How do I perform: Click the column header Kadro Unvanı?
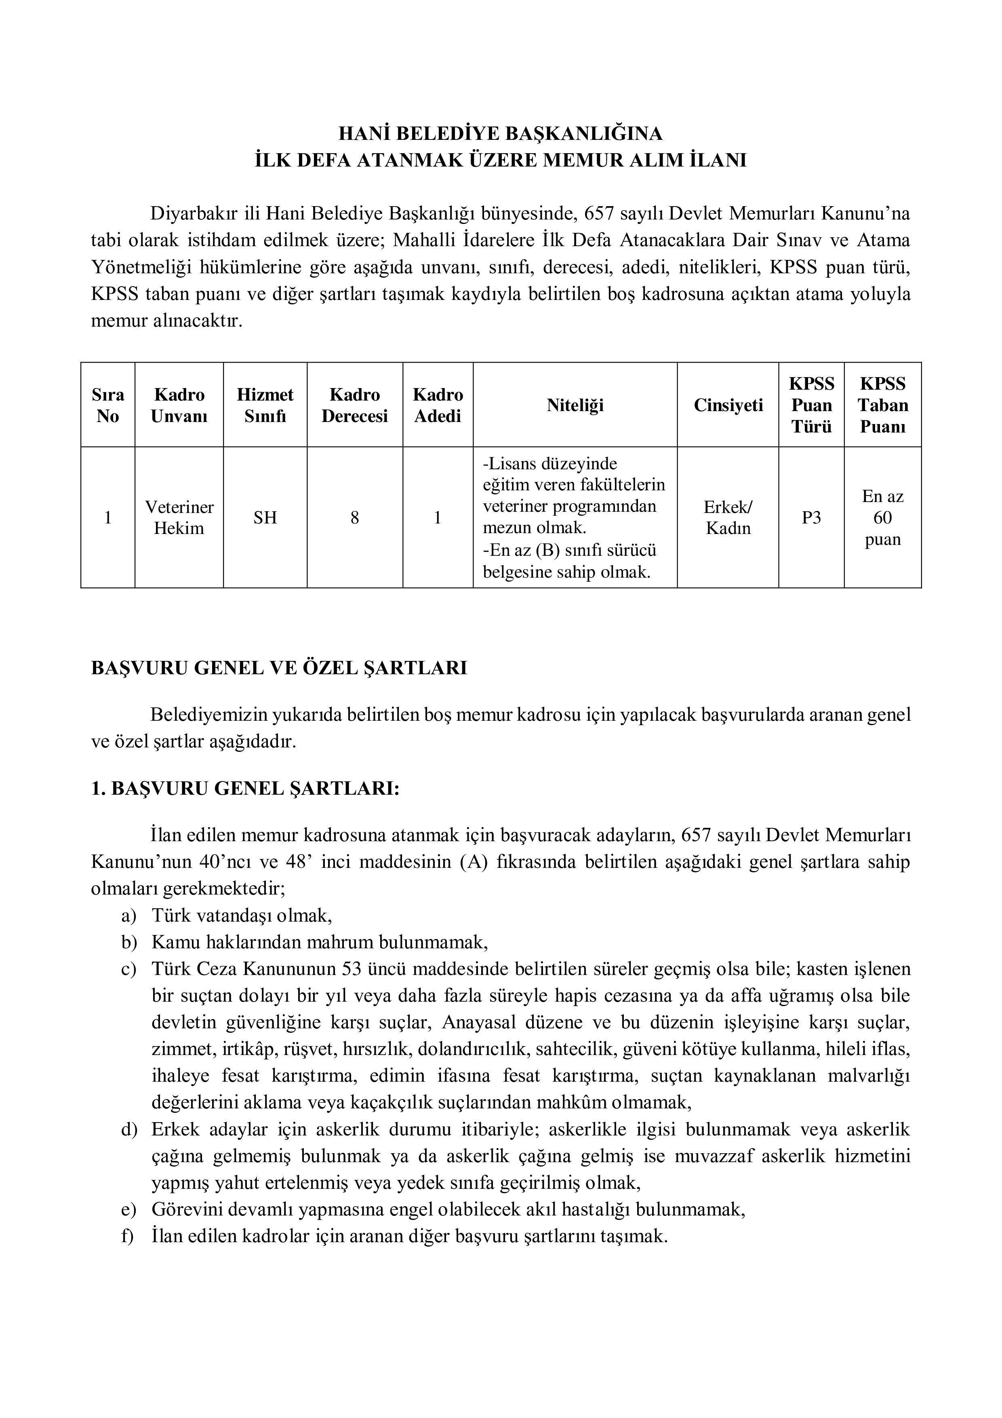coord(179,405)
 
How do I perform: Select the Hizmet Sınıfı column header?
coord(265,405)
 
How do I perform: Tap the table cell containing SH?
coord(265,517)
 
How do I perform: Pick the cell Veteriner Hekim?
coord(179,517)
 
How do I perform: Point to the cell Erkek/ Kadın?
coord(728,517)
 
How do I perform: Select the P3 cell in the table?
coord(811,517)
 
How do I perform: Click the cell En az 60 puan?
coord(882,517)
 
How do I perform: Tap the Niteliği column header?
coord(575,405)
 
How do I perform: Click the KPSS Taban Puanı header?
coord(882,405)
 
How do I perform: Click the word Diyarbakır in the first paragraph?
coord(196,214)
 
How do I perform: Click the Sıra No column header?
coord(107,405)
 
